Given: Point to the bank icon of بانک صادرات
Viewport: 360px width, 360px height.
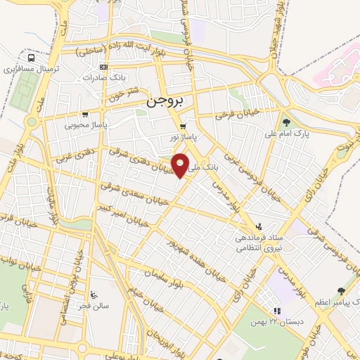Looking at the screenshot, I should click(104, 67).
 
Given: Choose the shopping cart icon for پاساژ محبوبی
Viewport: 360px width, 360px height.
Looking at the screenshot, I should click(85, 114).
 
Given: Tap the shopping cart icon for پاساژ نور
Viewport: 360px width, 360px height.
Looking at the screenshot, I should click(182, 127).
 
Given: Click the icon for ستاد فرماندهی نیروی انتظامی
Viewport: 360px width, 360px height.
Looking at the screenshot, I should click(259, 226).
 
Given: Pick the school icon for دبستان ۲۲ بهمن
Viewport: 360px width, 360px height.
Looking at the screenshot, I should click(277, 310).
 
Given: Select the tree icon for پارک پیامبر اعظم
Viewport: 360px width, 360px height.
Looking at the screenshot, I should click(341, 290).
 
